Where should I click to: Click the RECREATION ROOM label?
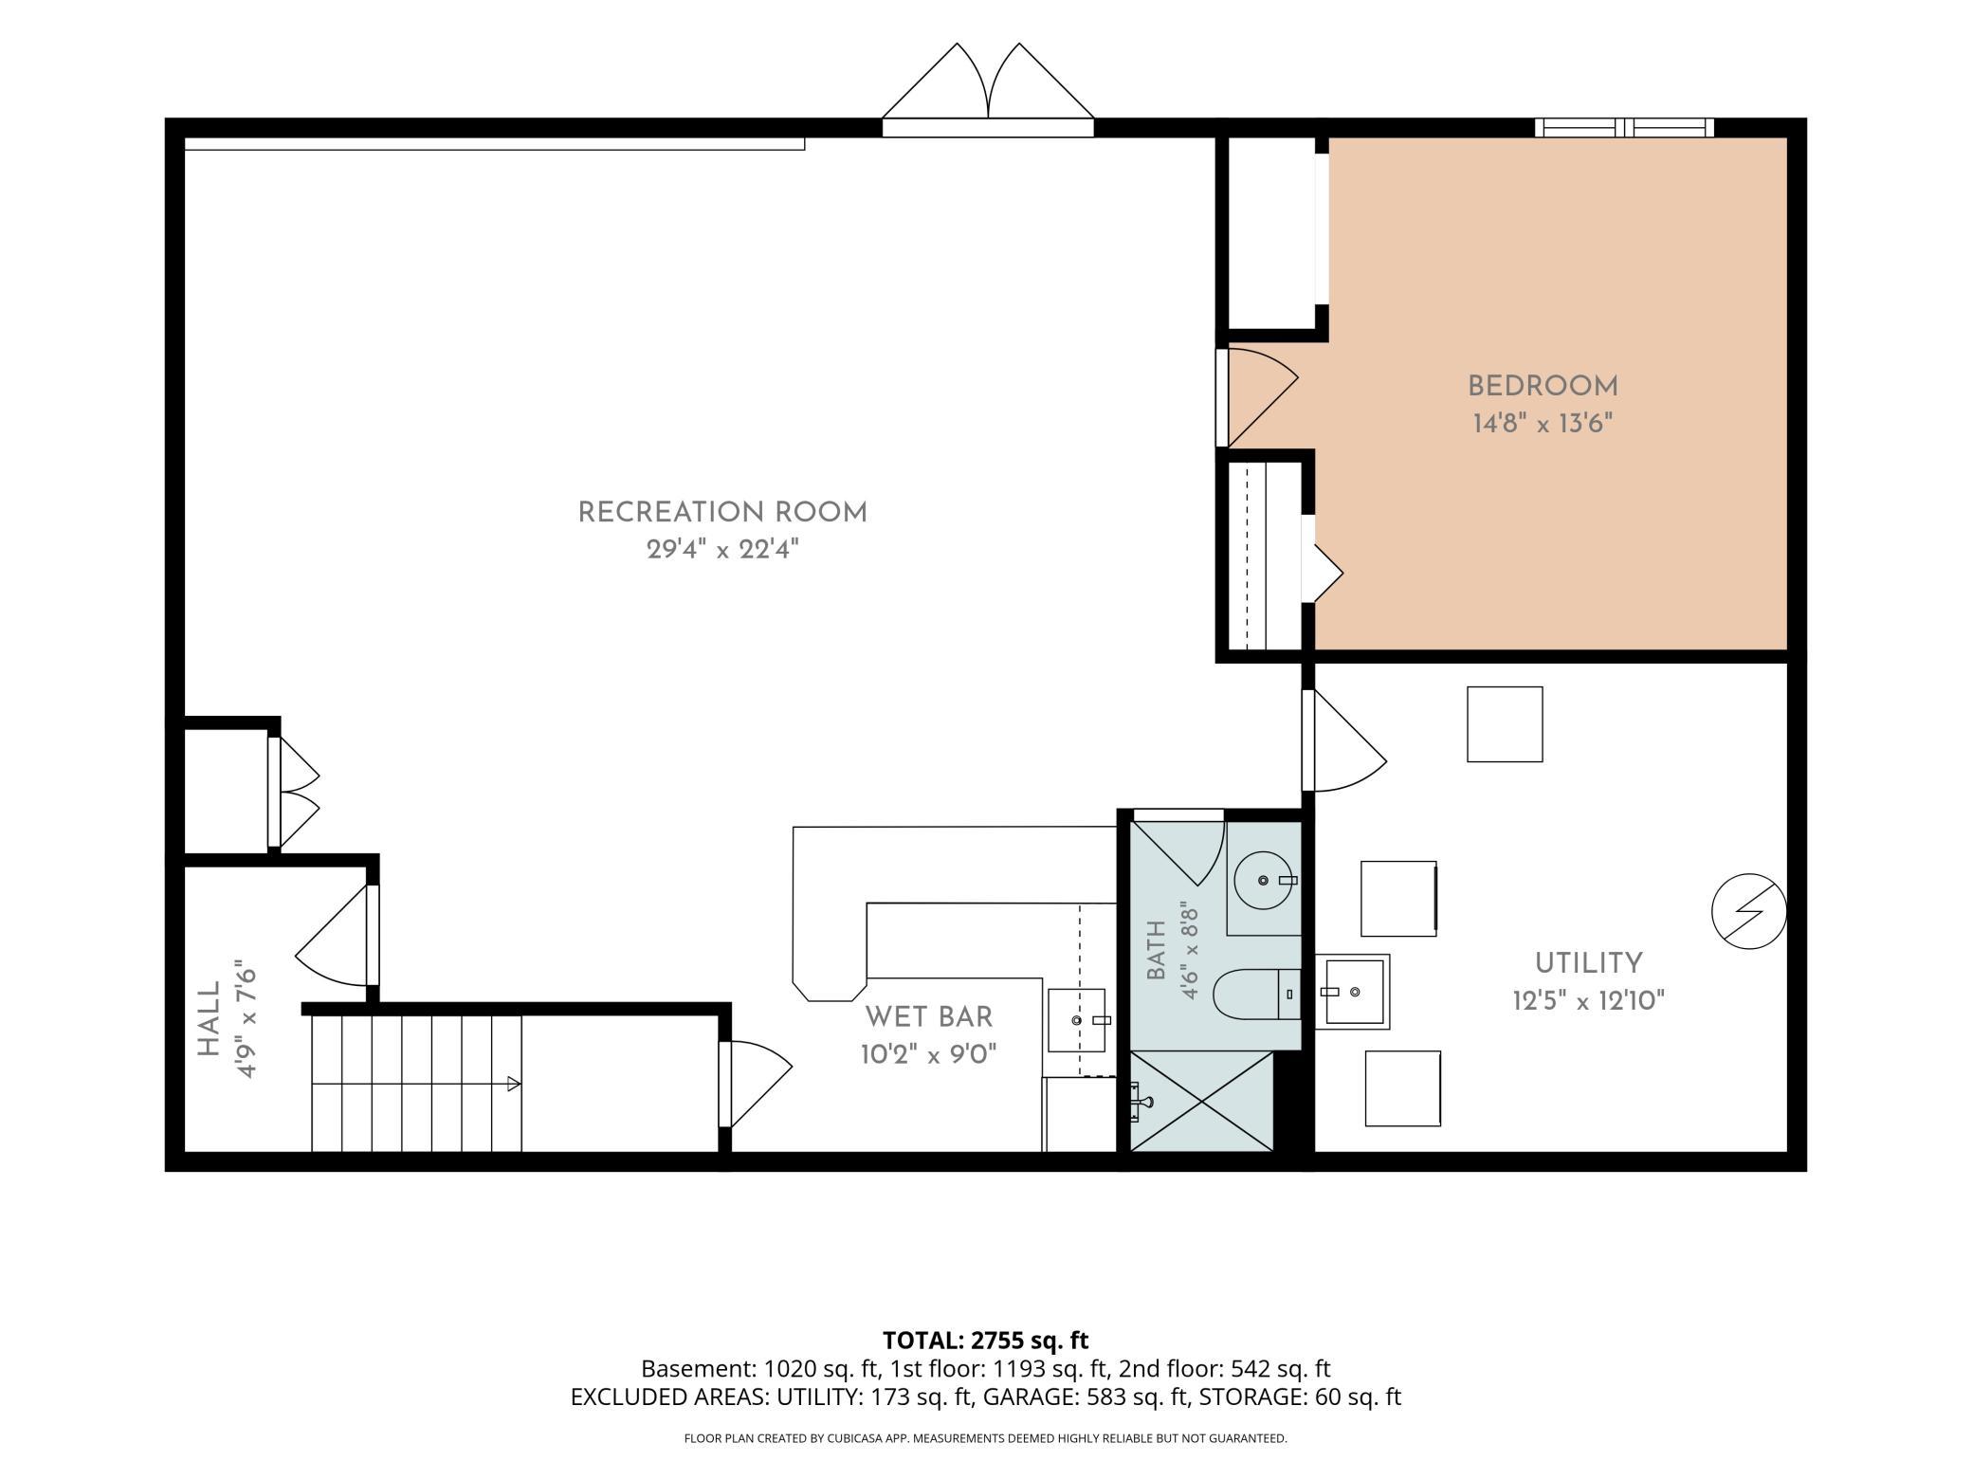coord(722,513)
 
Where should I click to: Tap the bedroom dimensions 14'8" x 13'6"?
coord(1543,423)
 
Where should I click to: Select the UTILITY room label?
coord(1589,963)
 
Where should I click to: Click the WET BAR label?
coord(929,1017)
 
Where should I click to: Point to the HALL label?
coord(209,1018)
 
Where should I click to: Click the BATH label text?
coord(1157,950)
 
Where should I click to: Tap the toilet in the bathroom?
coord(1257,994)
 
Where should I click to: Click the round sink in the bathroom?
coord(1263,880)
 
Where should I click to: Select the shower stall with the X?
coord(1202,1101)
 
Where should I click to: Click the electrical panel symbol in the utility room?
coord(1749,911)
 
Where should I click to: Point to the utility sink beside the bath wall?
coord(1353,992)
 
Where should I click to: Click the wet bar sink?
coord(1077,1020)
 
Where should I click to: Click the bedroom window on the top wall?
coord(1625,127)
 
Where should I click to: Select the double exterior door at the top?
coord(988,91)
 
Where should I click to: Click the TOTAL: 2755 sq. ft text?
coord(985,1341)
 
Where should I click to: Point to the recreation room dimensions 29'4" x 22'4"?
coord(722,549)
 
